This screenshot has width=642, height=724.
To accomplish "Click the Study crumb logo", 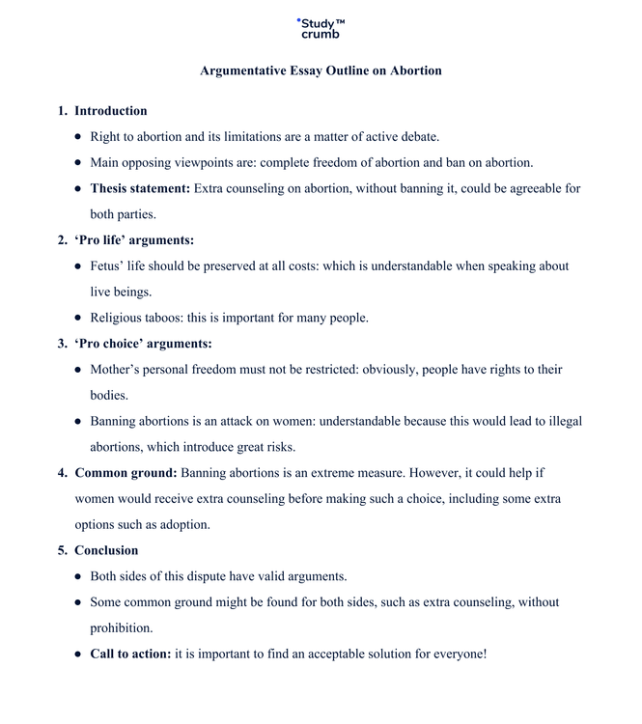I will (321, 28).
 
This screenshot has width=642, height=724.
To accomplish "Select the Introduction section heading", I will (111, 111).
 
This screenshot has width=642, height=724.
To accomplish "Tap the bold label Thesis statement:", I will (140, 188).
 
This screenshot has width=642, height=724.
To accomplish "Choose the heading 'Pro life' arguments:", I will (134, 240).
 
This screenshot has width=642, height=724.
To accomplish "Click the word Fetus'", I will (108, 265).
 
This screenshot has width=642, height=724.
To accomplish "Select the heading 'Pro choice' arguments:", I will (143, 344).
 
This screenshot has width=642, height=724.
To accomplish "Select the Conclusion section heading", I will (106, 550).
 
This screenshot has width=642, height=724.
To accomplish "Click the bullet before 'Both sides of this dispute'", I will (78, 576).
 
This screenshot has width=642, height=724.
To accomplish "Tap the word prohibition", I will (122, 628).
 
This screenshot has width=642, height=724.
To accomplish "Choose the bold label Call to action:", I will (130, 654).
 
